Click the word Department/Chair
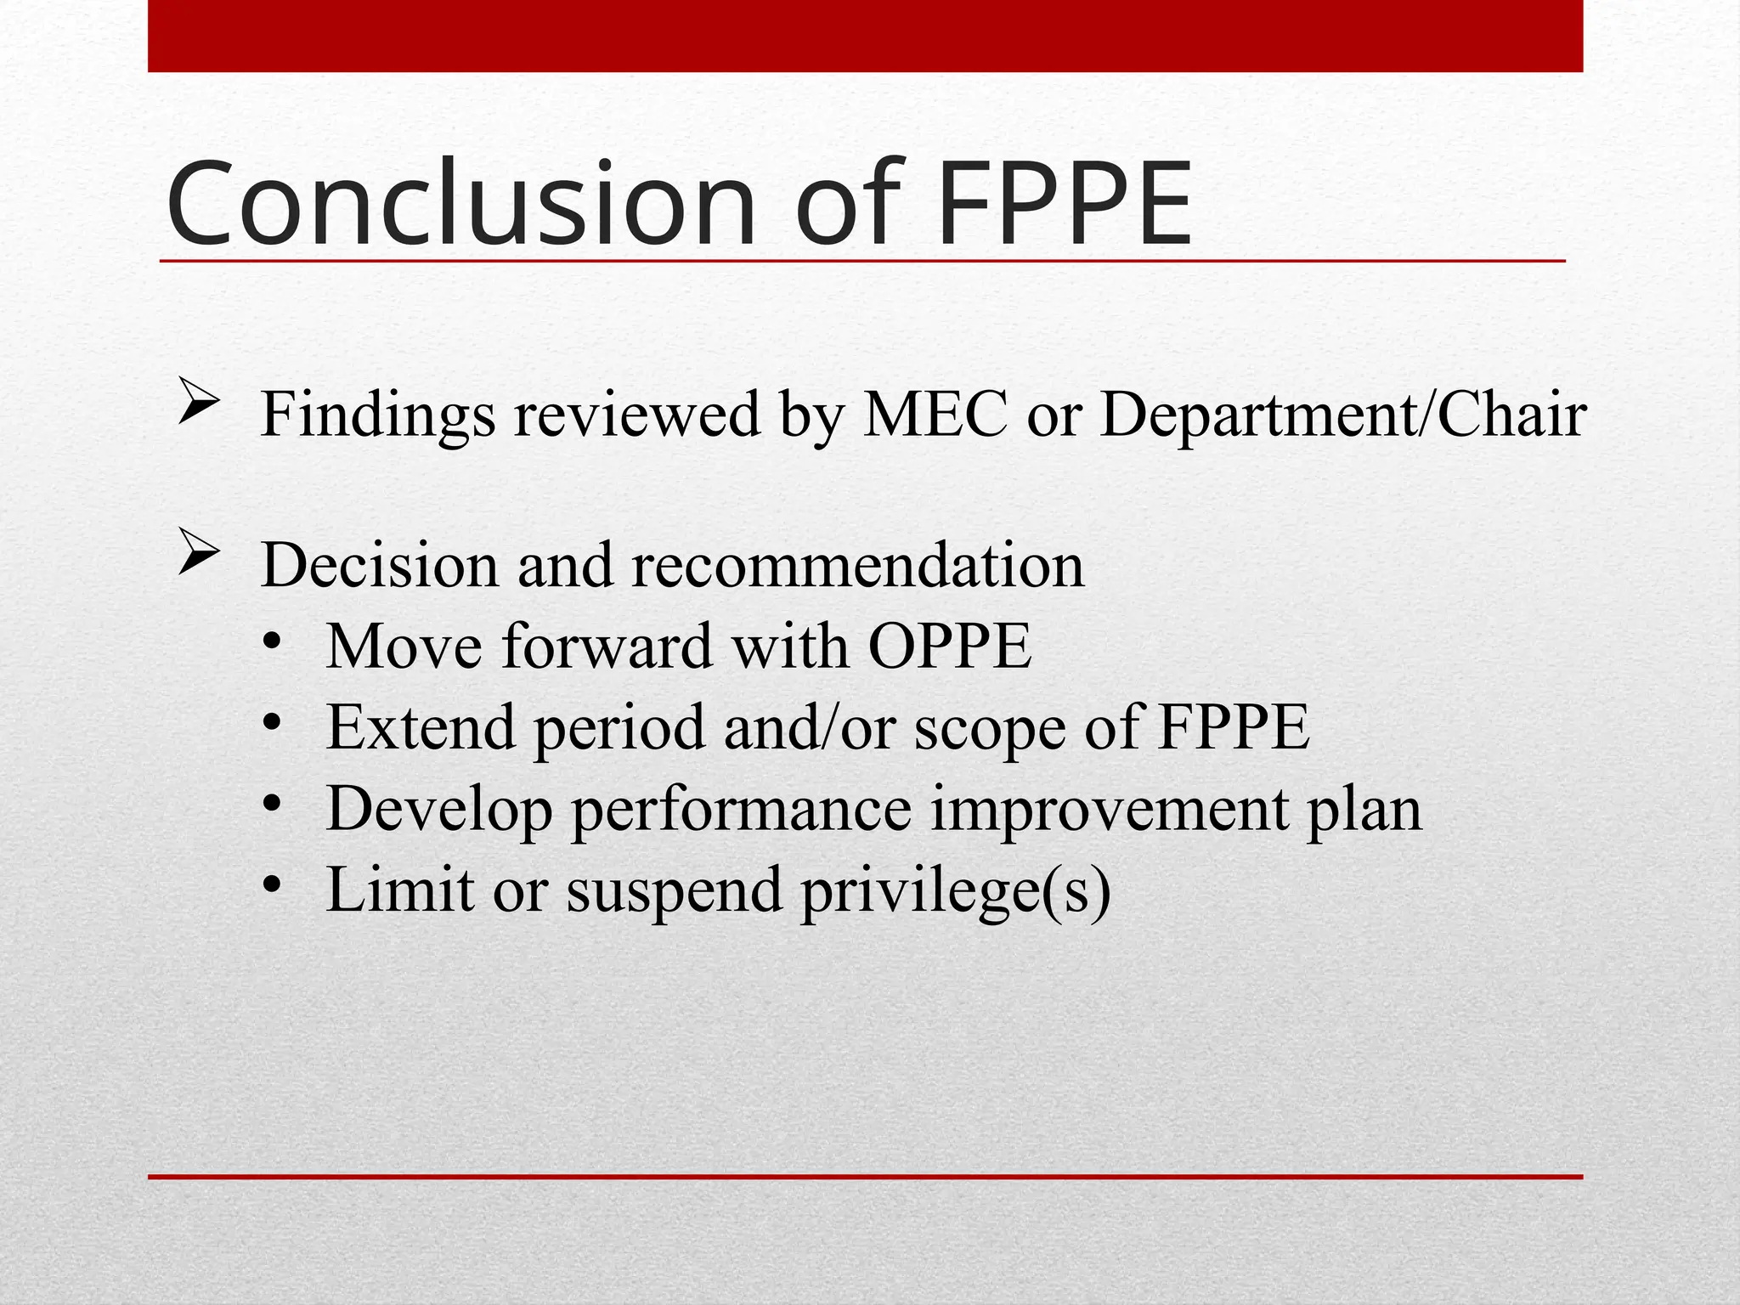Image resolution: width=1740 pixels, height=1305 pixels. coord(1343,415)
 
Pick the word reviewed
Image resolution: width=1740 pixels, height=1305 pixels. coord(636,415)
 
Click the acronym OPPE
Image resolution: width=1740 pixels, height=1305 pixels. coord(950,647)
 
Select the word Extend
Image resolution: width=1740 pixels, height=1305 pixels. coord(421,727)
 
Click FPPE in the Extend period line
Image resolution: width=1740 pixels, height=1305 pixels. coord(1234,727)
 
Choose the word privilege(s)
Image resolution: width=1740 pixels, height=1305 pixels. coord(956,890)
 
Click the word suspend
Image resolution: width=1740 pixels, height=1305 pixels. coord(674,890)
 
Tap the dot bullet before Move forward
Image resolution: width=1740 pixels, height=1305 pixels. coord(272,641)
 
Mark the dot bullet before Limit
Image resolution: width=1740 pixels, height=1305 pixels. coord(272,885)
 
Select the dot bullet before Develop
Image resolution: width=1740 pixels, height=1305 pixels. coord(272,804)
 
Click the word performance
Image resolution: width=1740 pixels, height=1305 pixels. coord(742,809)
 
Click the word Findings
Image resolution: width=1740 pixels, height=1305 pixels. coord(378,415)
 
